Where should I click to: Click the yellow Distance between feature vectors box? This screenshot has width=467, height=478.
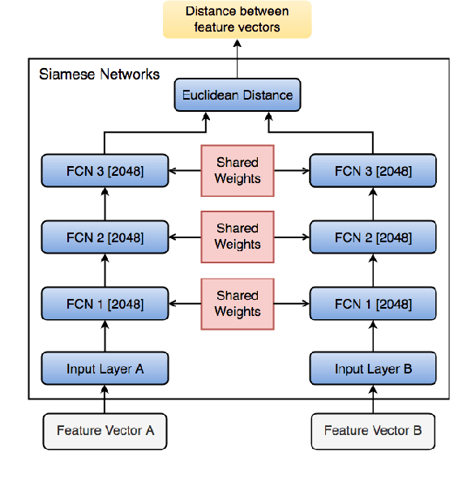[x=237, y=19]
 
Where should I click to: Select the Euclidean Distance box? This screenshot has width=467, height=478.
[x=237, y=95]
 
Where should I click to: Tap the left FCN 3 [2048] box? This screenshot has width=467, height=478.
[x=105, y=171]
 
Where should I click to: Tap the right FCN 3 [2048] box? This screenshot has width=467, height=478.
[x=373, y=171]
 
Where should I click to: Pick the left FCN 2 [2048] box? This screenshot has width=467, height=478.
[x=105, y=237]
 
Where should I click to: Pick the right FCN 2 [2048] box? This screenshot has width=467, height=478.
[x=373, y=237]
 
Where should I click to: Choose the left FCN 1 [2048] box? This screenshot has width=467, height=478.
[x=105, y=304]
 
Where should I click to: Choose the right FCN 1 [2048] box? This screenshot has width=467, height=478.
[x=373, y=304]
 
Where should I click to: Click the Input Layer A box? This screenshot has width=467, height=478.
[x=105, y=369]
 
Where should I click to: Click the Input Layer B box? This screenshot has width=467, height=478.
[x=373, y=369]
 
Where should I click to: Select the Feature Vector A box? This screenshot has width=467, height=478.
[x=105, y=431]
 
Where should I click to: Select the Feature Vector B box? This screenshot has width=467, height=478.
[x=373, y=431]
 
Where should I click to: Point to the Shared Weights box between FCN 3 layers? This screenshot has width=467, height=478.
[x=238, y=171]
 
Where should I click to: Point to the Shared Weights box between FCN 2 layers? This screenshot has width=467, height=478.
[x=238, y=237]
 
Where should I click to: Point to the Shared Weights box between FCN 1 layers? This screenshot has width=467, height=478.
[x=238, y=304]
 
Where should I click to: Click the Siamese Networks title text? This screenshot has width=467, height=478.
[x=100, y=75]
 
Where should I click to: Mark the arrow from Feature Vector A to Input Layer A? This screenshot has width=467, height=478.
[x=105, y=399]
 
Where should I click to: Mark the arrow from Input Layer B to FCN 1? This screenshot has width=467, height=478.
[x=373, y=336]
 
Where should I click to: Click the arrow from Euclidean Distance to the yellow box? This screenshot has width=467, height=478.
[x=237, y=58]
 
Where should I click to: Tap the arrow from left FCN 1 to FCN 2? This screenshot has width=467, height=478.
[x=105, y=271]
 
